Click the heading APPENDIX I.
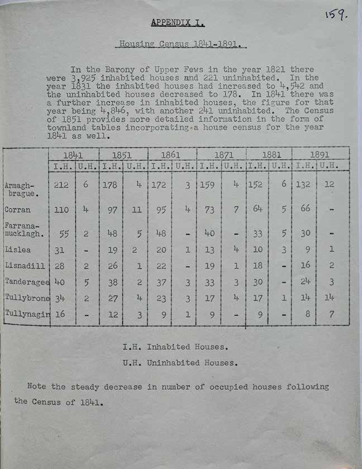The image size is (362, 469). [x=178, y=23]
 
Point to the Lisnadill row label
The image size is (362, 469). [x=21, y=265]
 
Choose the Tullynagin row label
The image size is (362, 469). [x=26, y=314]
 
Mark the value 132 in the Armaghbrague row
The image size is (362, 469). [x=302, y=184]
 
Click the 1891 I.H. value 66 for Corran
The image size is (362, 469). [x=303, y=210]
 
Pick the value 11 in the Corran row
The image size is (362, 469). [x=134, y=210]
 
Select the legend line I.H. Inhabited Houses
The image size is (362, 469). [x=175, y=347]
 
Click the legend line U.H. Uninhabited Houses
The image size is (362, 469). [x=180, y=363]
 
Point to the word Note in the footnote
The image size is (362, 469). [x=36, y=386]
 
